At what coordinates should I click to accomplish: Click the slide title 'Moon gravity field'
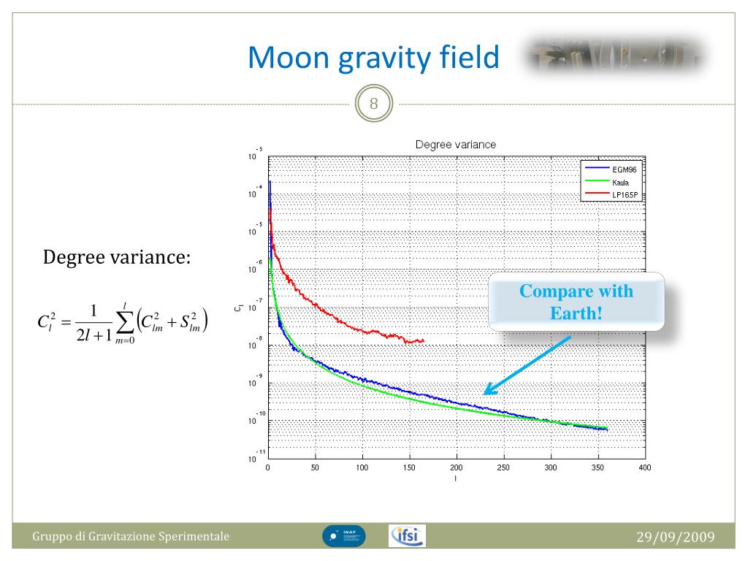373,58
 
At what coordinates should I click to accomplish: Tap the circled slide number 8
374,104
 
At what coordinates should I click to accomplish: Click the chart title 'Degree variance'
455,145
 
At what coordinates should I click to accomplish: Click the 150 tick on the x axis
409,467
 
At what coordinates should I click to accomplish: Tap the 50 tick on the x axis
315,467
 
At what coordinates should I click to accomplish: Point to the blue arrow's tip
486,394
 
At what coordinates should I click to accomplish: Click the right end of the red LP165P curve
422,340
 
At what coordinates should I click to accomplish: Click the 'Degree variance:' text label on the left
118,257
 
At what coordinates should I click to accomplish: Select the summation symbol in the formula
124,319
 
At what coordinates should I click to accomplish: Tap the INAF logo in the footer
344,537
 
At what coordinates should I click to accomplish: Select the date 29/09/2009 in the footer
675,538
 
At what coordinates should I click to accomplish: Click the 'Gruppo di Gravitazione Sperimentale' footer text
131,538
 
